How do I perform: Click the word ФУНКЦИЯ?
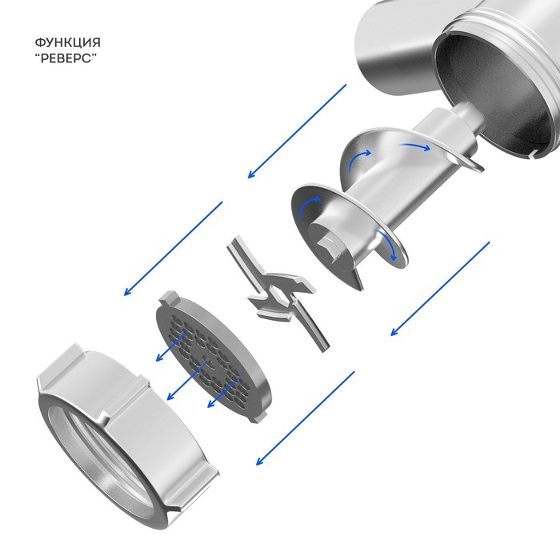click(67, 42)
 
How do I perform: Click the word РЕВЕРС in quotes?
click(68, 58)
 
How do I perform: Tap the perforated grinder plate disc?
click(213, 357)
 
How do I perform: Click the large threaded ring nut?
click(126, 432)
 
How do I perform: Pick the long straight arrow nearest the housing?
click(297, 131)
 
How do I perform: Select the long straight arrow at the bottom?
click(306, 418)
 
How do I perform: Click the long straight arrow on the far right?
click(440, 289)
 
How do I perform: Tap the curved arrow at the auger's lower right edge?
click(387, 245)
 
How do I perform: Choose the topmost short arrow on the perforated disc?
click(172, 346)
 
